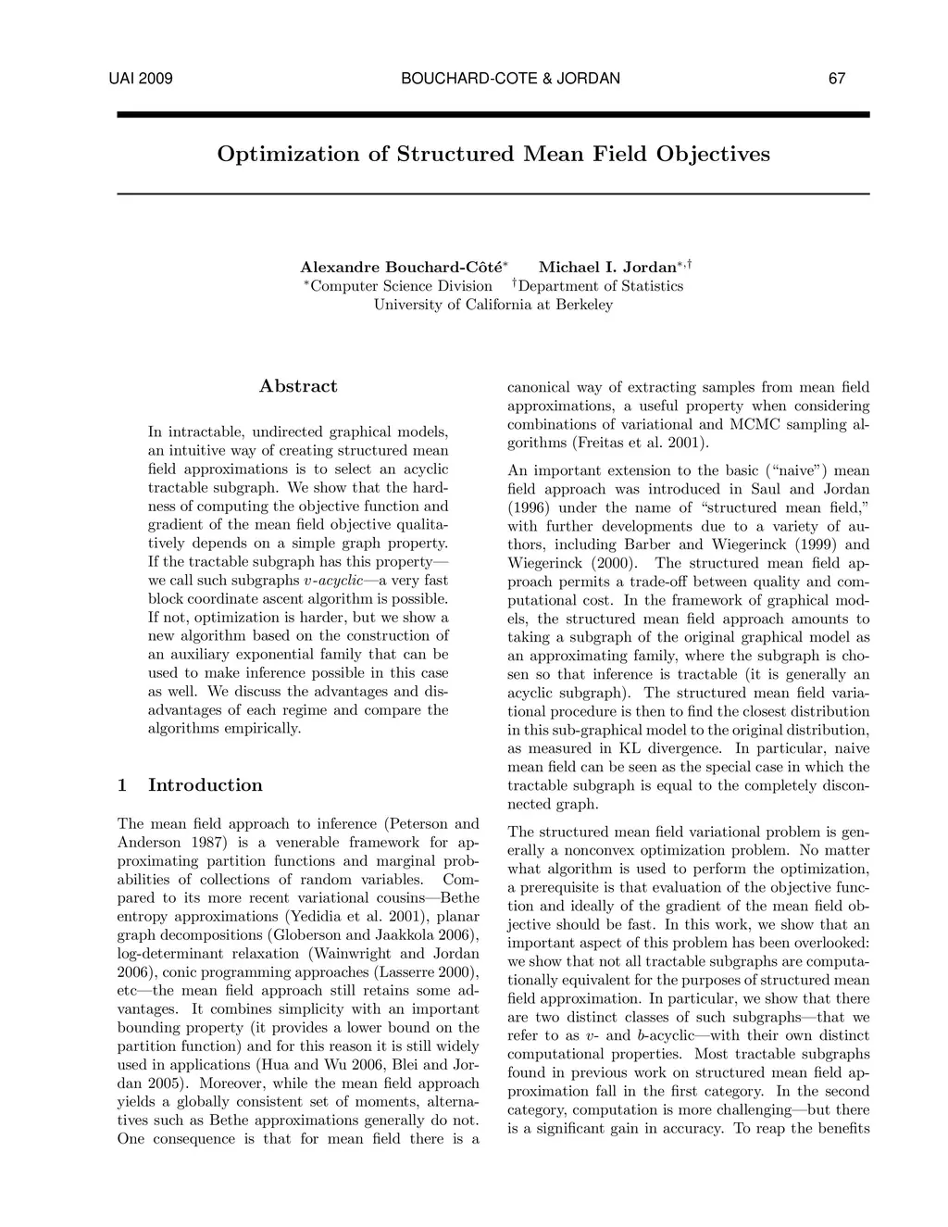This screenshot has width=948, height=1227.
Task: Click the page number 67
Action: [836, 79]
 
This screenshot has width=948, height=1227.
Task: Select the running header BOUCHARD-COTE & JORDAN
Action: [510, 79]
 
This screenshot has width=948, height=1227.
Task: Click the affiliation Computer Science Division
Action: [401, 286]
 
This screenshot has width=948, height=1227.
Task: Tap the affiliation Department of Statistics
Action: [601, 286]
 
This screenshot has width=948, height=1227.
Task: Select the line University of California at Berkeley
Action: [493, 305]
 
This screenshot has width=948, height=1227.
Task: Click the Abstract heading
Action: [298, 386]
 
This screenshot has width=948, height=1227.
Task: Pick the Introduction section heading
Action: [205, 785]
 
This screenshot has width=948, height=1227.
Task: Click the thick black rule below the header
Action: [493, 115]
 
